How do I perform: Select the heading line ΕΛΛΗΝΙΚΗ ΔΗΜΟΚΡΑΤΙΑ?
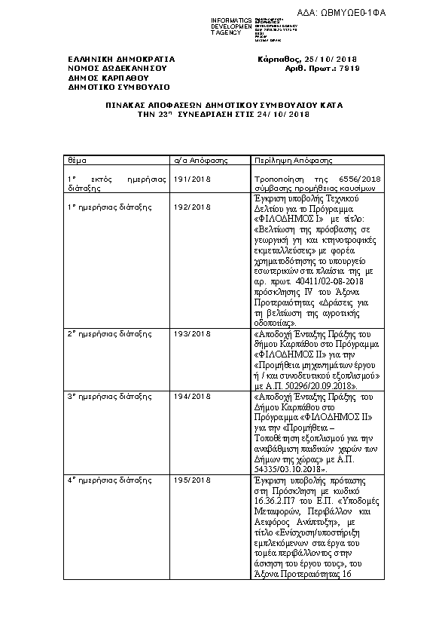point(121,58)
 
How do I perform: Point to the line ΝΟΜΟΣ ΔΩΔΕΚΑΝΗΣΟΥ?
point(117,67)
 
